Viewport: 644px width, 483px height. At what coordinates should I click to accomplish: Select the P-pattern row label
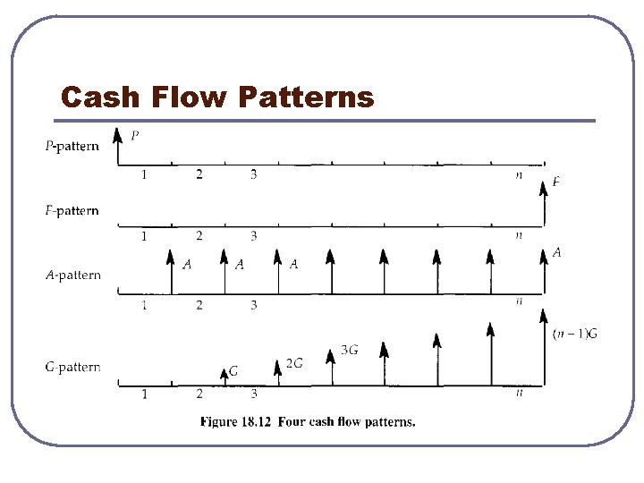pyautogui.click(x=72, y=146)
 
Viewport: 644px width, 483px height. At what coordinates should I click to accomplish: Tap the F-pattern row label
pyautogui.click(x=72, y=211)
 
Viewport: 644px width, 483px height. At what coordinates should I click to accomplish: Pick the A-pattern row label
pyautogui.click(x=73, y=275)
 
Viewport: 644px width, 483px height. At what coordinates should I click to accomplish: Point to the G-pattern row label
pyautogui.click(x=72, y=367)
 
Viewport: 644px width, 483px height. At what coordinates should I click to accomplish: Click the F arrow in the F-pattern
pyautogui.click(x=545, y=204)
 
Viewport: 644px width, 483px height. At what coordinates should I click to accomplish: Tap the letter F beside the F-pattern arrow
pyautogui.click(x=556, y=182)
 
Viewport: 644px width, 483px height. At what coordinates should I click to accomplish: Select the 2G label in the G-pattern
pyautogui.click(x=294, y=363)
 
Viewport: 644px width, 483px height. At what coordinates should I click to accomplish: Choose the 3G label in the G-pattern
pyautogui.click(x=350, y=350)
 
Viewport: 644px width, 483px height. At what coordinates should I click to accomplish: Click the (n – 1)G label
pyautogui.click(x=575, y=334)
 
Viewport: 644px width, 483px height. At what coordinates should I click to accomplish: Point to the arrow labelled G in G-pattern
pyautogui.click(x=225, y=377)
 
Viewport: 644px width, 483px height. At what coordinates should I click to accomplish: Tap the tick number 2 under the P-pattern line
pyautogui.click(x=199, y=174)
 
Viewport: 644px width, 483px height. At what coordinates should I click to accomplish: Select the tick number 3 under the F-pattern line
pyautogui.click(x=253, y=236)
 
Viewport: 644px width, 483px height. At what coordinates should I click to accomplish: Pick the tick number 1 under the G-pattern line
pyautogui.click(x=145, y=394)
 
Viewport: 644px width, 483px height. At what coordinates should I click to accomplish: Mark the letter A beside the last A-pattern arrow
pyautogui.click(x=556, y=253)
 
